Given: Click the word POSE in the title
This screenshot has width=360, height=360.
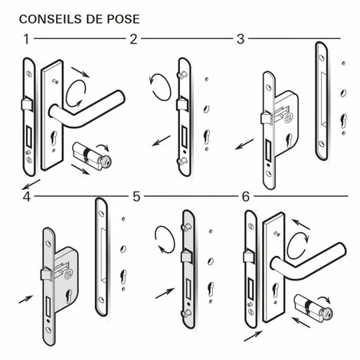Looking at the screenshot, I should (x=121, y=17).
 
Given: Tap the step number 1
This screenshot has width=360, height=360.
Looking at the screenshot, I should (x=27, y=38).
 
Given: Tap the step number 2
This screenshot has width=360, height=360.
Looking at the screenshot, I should (x=134, y=38).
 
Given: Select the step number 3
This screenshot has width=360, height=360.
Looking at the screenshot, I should (x=240, y=38).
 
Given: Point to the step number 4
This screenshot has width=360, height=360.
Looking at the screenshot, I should (x=27, y=197).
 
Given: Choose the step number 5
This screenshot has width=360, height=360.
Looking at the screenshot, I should (x=136, y=197).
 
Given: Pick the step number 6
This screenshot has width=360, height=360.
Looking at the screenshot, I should (x=245, y=197).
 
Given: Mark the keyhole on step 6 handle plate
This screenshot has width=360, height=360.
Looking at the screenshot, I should (x=275, y=290).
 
